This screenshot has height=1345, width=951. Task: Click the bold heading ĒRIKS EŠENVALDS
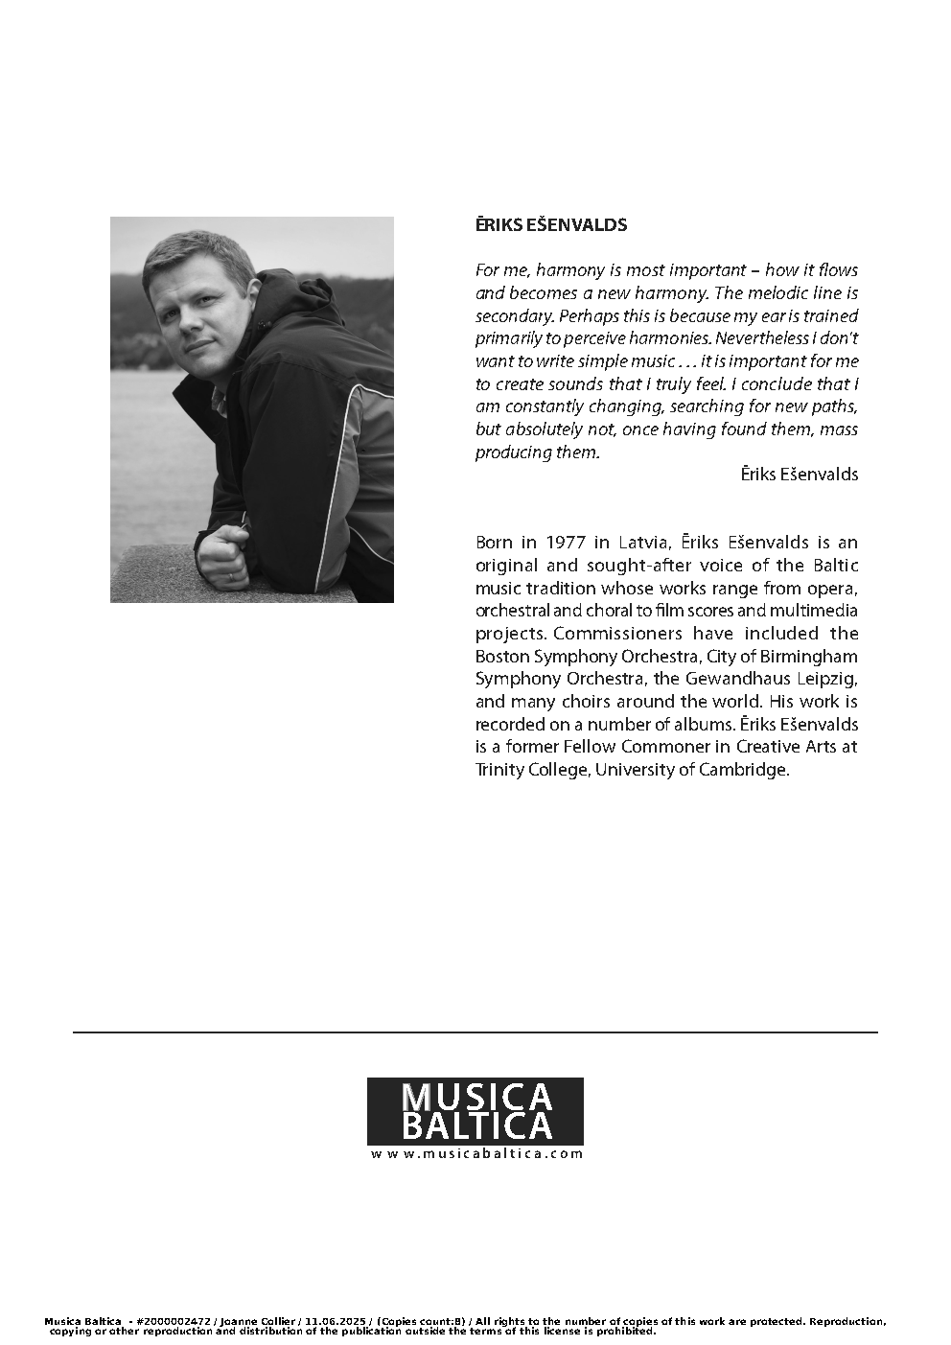click(551, 225)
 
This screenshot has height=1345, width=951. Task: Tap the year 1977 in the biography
click(566, 543)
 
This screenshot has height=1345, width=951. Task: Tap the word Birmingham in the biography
click(810, 657)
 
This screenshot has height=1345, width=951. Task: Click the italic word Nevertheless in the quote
click(762, 338)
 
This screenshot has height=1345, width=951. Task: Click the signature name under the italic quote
click(800, 475)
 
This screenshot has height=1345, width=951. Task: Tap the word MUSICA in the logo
click(475, 1097)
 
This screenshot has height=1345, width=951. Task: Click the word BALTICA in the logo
click(475, 1126)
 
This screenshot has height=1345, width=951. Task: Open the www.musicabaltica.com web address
click(476, 1154)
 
